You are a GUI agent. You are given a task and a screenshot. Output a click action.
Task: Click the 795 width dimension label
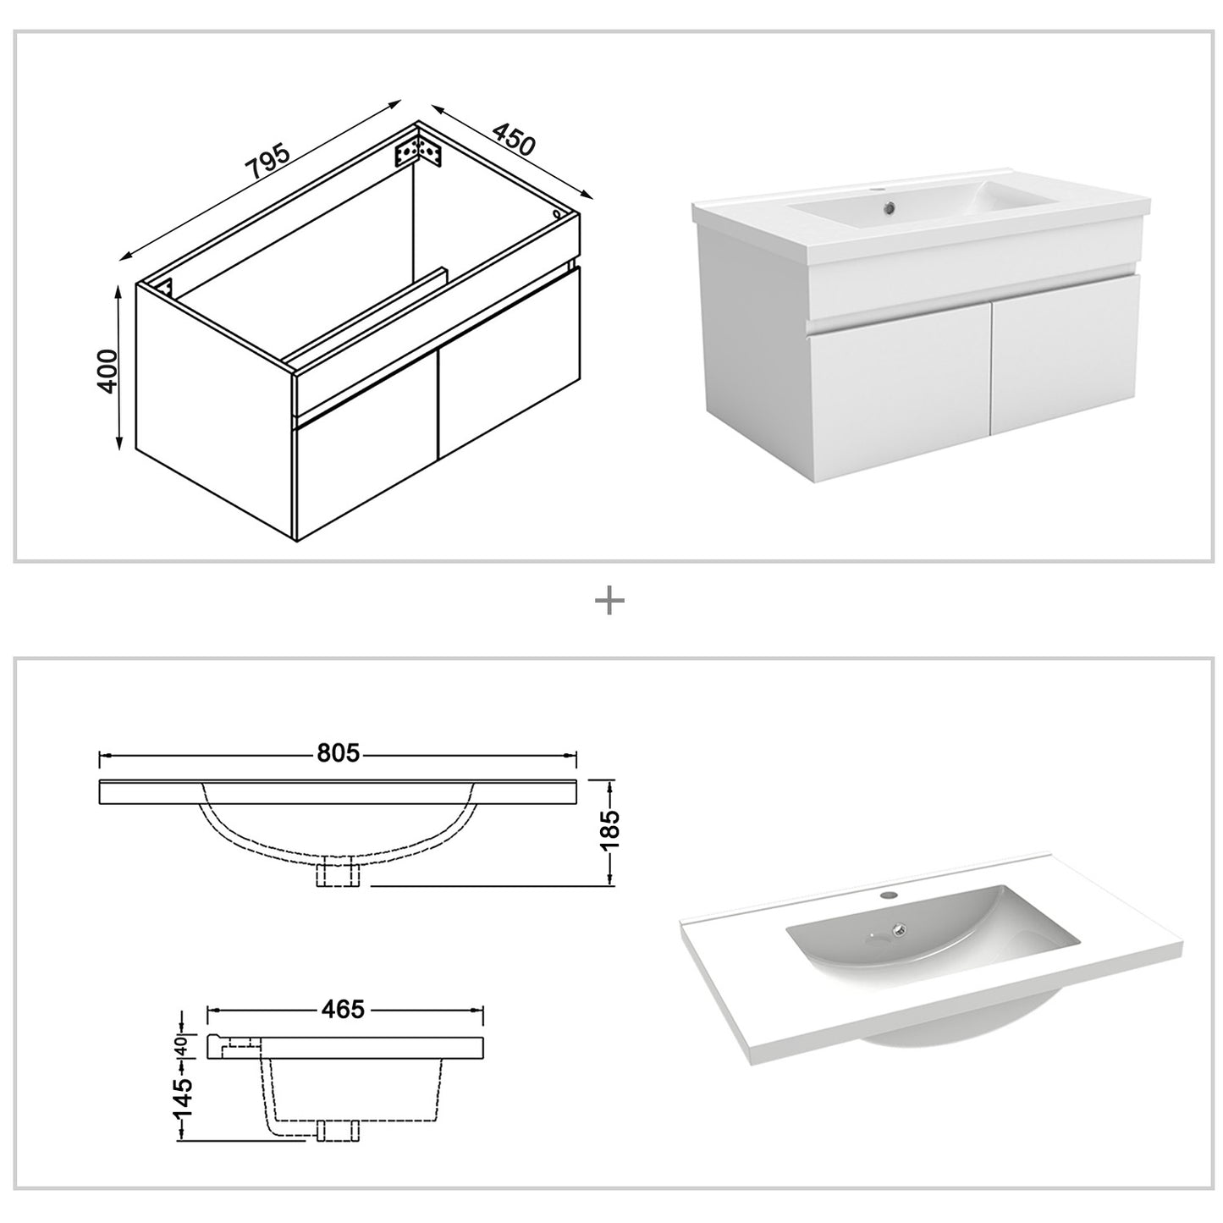[x=267, y=163]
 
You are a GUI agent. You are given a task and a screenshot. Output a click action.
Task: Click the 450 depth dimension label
[x=514, y=140]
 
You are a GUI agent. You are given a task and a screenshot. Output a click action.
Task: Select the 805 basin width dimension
[x=339, y=752]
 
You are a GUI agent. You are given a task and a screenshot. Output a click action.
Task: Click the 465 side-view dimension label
[x=343, y=1009]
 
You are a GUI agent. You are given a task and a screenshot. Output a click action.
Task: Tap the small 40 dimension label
[x=180, y=1047]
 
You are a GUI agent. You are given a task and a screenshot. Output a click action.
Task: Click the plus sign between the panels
[x=609, y=602]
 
